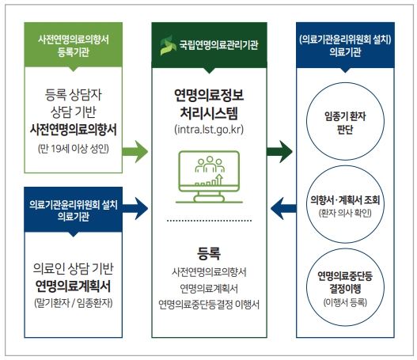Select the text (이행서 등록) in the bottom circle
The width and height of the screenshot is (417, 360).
pos(349,301)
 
